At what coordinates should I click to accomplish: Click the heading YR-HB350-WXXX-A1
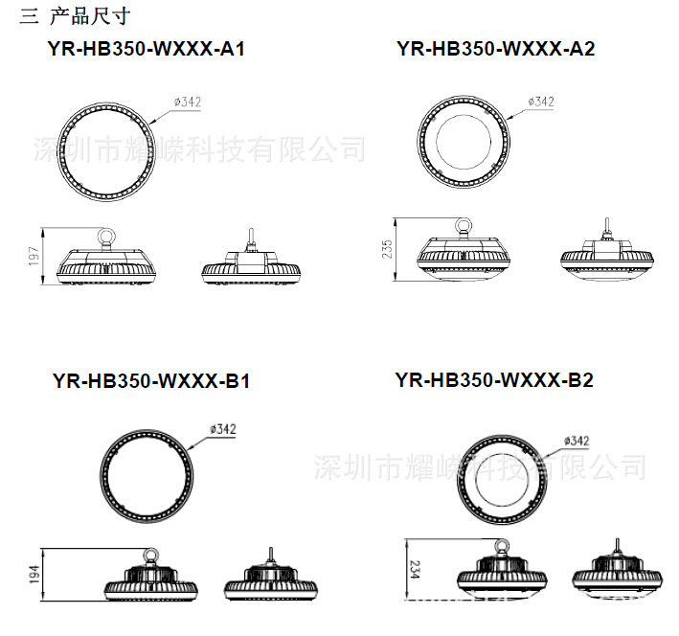[x=145, y=49]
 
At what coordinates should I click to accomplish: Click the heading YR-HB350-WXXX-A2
[x=495, y=49]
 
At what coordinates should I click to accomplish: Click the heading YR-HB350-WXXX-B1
[x=151, y=381]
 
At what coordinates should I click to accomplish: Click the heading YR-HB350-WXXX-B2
[x=494, y=380]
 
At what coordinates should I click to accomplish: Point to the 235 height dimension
[x=386, y=250]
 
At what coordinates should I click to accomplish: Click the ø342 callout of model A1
[x=188, y=101]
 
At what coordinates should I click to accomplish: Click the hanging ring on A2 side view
[x=465, y=227]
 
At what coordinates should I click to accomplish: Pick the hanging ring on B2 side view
[x=501, y=547]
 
